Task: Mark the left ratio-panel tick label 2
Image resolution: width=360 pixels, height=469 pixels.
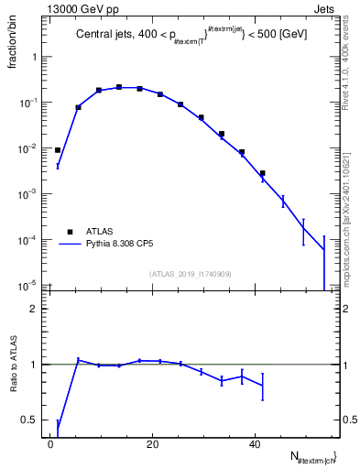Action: tap(38, 309)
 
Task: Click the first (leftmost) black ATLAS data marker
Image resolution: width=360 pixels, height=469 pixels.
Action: tap(58, 150)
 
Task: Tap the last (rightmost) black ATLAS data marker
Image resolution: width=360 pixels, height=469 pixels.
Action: tap(262, 173)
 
